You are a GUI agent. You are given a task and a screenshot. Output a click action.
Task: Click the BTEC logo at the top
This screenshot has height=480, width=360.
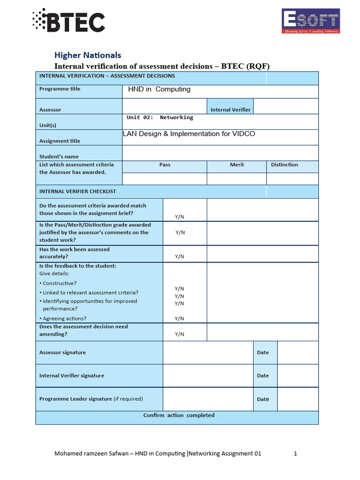pos(69,20)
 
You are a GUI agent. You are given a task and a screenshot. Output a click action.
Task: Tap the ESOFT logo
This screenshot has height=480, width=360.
pos(310,21)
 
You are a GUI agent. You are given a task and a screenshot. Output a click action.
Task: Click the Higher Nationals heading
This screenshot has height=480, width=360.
pos(88,55)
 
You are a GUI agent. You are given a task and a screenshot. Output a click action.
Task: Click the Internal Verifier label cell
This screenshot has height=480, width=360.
pos(230,110)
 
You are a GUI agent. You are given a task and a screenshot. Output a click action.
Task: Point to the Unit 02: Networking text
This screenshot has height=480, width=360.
pos(160,118)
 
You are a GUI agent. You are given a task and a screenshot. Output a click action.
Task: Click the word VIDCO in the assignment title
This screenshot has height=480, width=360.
pos(243,134)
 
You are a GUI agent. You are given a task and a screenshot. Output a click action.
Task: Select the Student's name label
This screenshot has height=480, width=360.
pos(59,157)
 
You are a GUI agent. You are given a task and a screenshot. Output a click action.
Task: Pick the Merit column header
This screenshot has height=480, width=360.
pos(237,165)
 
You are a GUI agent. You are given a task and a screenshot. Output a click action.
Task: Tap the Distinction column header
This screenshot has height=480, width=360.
pos(284,165)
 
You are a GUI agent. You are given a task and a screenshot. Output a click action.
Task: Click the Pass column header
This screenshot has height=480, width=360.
pos(165,165)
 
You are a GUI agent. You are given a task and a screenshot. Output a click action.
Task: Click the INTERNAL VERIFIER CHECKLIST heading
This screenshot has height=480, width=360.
pos(77,192)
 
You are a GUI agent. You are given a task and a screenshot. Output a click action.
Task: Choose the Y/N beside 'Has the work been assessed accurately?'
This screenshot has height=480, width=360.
pos(180,256)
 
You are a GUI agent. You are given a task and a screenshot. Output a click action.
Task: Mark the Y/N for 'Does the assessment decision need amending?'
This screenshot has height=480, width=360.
pos(180,334)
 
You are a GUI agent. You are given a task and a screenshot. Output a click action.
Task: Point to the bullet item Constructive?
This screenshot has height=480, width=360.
pos(60,284)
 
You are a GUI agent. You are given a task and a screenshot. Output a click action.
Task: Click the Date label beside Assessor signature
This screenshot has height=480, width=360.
pos(263,352)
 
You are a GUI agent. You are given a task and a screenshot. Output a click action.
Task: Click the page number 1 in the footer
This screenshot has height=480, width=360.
pos(296,453)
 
